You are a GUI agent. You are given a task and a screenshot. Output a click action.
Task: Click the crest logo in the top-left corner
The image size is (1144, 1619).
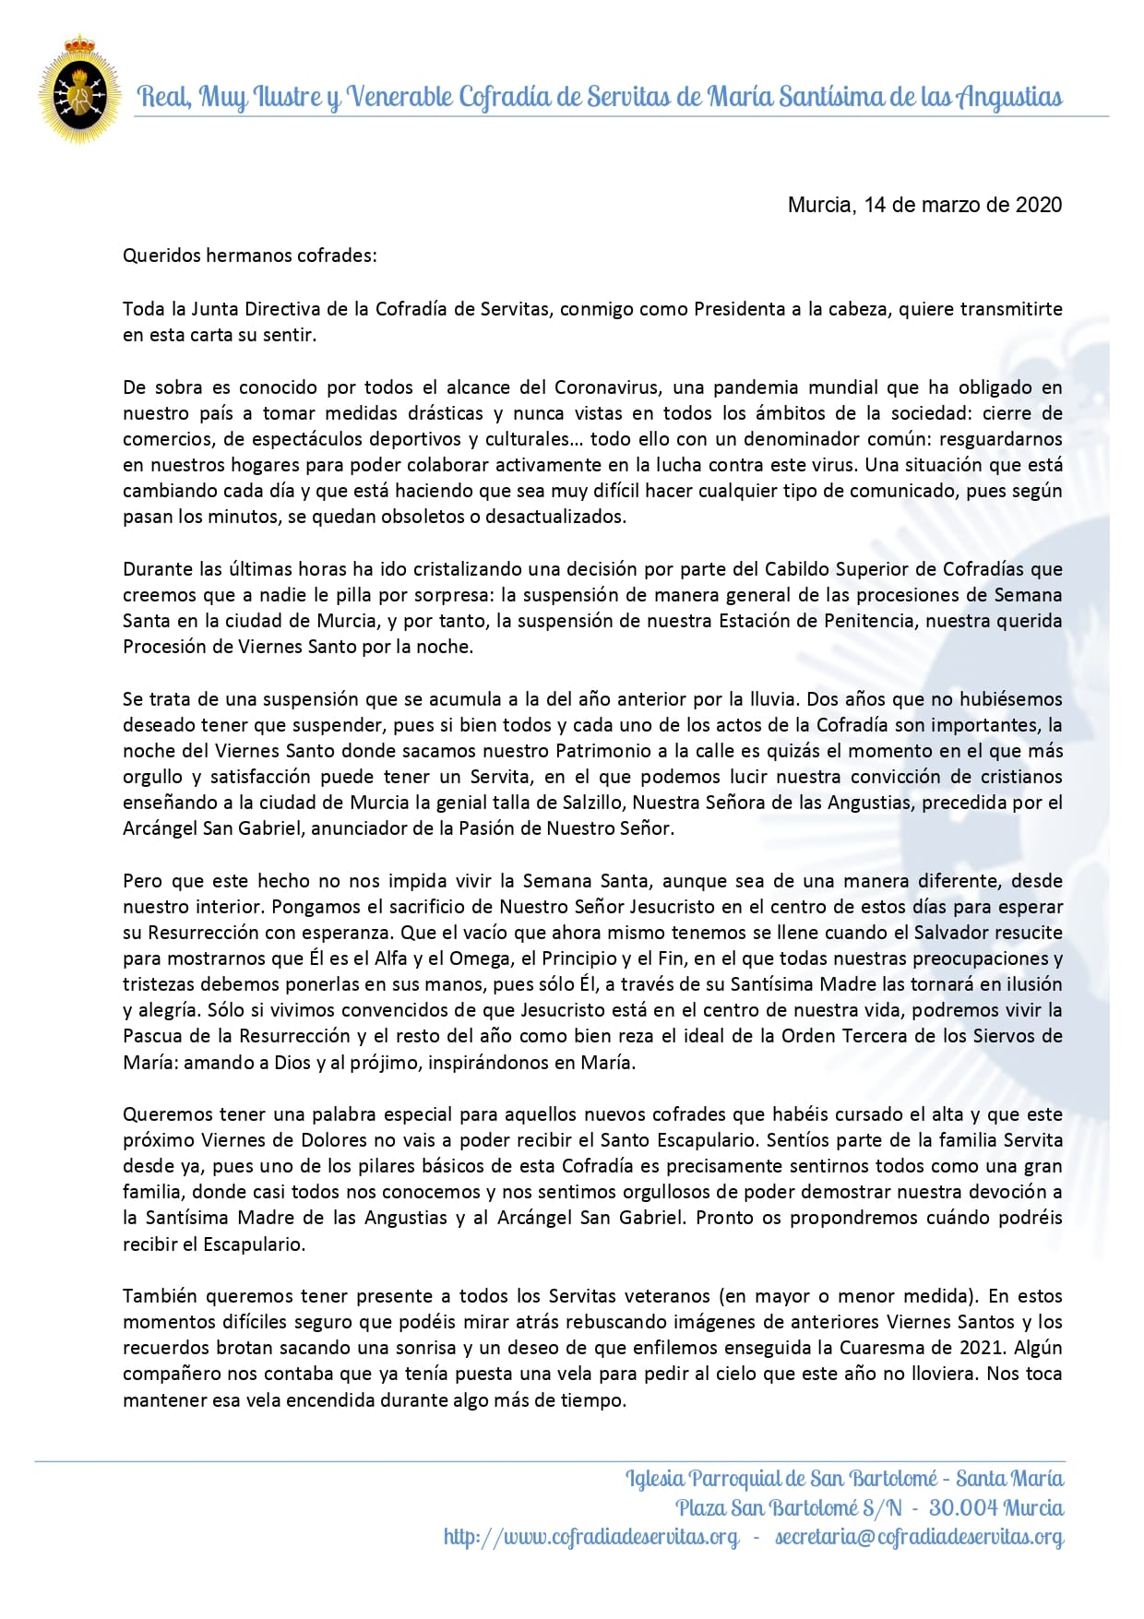(x=79, y=89)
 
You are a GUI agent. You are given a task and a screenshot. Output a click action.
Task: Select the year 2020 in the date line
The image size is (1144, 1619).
(x=1039, y=205)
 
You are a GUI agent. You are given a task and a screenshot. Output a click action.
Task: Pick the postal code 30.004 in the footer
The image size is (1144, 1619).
(x=960, y=1508)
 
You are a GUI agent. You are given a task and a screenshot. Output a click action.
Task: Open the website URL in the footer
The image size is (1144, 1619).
(x=590, y=1537)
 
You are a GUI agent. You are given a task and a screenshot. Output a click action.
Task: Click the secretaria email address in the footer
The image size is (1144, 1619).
(x=919, y=1537)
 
